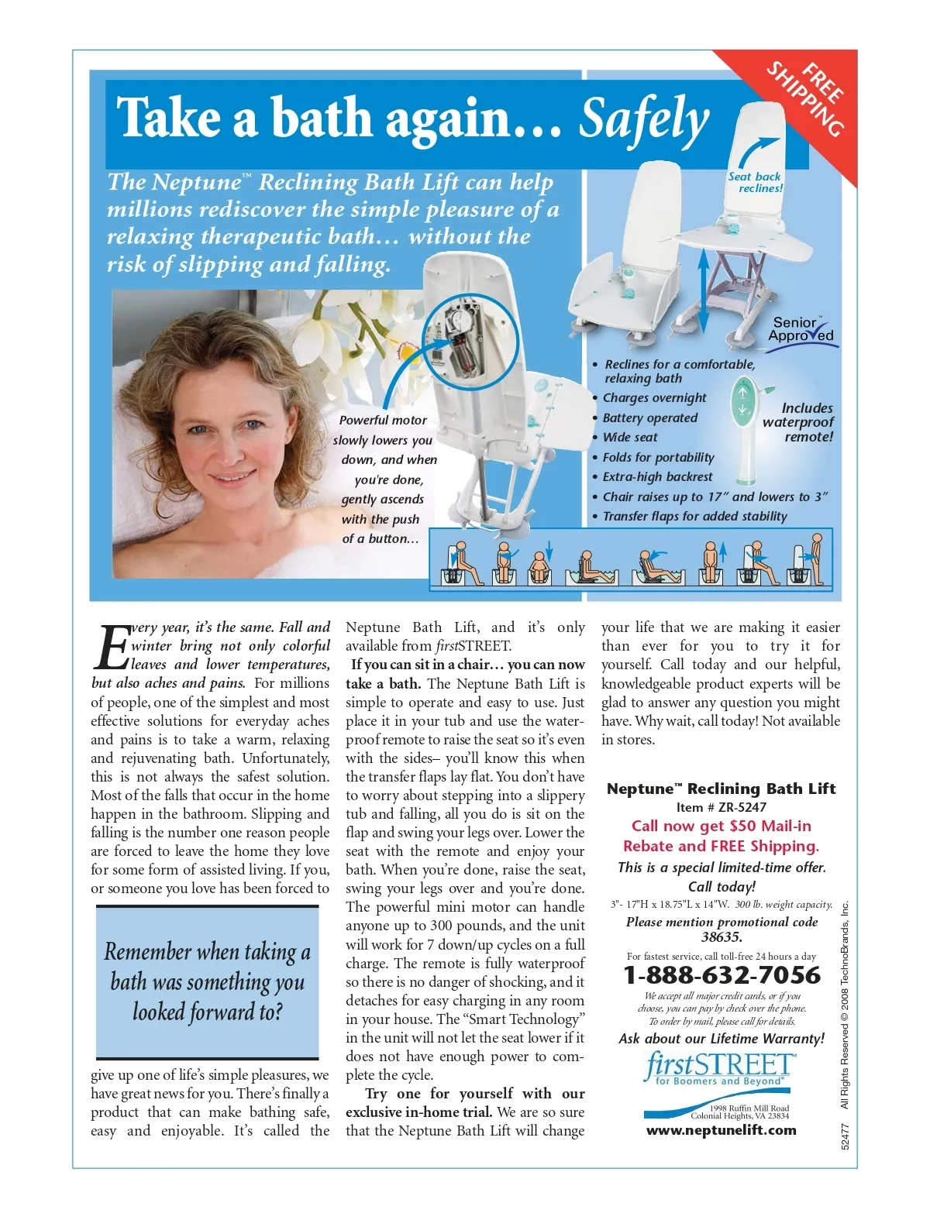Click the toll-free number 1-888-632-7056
point(722,975)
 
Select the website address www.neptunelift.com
point(722,1130)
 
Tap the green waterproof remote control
point(744,422)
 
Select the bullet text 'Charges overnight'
point(654,398)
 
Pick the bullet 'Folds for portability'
point(658,458)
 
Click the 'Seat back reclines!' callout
point(756,182)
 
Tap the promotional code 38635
point(722,937)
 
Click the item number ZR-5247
point(742,807)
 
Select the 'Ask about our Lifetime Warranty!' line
point(722,1039)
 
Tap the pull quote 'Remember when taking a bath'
point(207,981)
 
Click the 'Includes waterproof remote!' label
point(799,422)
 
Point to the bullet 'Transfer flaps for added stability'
point(694,517)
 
